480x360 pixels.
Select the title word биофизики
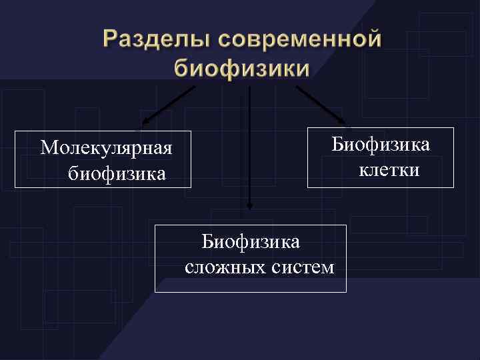click(x=241, y=68)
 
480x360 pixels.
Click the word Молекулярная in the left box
click(x=106, y=147)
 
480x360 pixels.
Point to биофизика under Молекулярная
click(x=117, y=175)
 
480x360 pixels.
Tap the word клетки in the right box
click(x=389, y=171)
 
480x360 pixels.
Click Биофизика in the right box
click(x=381, y=144)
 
